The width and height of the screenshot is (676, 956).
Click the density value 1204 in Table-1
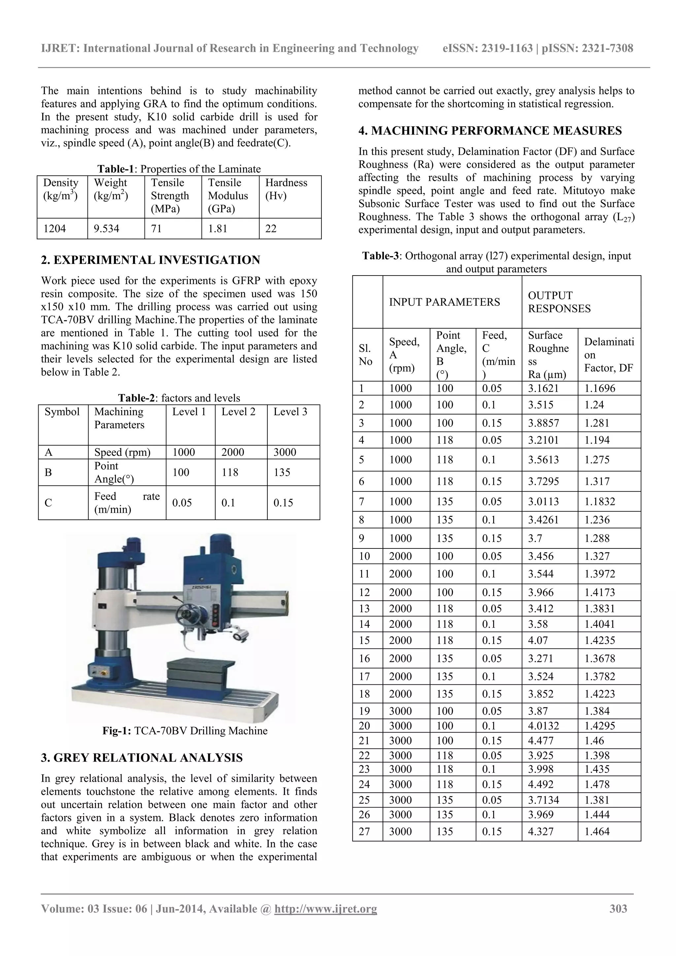(54, 229)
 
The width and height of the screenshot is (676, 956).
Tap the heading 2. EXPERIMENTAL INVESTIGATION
(151, 260)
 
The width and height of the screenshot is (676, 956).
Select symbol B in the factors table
(48, 472)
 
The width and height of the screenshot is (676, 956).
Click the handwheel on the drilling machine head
(187, 614)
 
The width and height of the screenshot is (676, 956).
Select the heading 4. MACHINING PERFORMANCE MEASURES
(490, 131)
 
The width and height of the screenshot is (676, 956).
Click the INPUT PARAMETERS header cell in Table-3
(444, 302)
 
